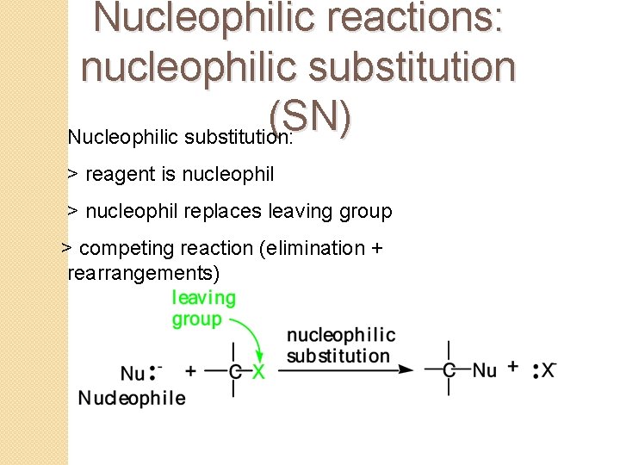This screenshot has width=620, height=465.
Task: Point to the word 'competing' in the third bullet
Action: click(126, 249)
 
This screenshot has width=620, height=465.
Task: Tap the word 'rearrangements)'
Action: click(143, 274)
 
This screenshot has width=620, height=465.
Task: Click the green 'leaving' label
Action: click(204, 298)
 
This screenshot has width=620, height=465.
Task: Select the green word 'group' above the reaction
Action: click(197, 319)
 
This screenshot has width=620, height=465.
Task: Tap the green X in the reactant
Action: click(258, 371)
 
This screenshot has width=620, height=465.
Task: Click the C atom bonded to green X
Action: click(234, 371)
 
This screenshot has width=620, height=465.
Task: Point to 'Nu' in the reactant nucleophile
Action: click(133, 373)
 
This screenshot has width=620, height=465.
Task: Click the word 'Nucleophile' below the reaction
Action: click(132, 398)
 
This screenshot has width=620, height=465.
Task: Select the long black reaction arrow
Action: click(344, 369)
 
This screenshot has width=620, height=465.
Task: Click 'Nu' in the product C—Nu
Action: click(485, 370)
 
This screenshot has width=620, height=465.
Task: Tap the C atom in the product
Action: click(449, 370)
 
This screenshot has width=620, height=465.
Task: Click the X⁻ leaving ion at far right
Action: click(549, 370)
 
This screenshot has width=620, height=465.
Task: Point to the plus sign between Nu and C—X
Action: click(190, 371)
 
